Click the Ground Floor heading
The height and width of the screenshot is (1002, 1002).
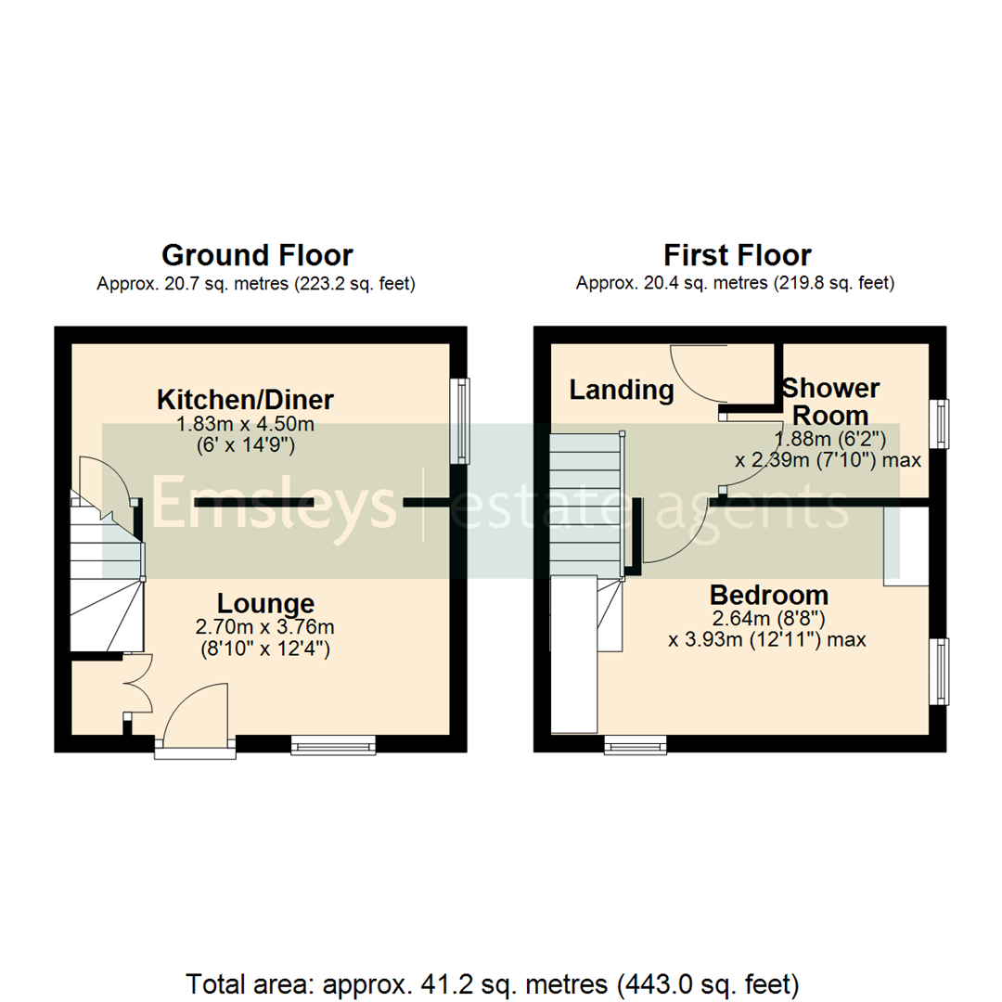(x=257, y=254)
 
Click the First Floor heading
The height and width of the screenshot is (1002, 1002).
(x=737, y=254)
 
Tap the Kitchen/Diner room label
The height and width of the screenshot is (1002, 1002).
(x=245, y=400)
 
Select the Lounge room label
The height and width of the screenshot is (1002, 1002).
(x=265, y=603)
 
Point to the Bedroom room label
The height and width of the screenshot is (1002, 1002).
(x=768, y=594)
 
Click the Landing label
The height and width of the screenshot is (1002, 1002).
(x=621, y=390)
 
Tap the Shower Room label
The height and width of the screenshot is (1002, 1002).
(x=830, y=401)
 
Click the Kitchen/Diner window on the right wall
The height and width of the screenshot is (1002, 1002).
(x=460, y=419)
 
